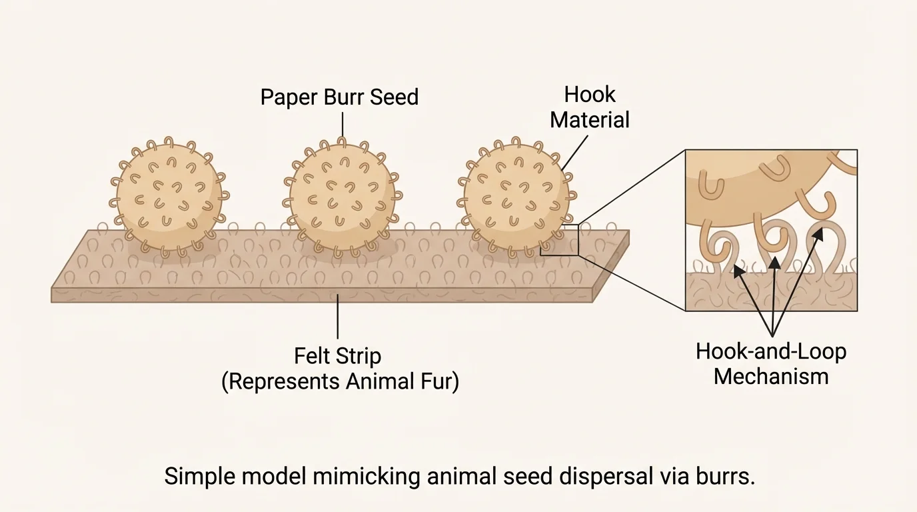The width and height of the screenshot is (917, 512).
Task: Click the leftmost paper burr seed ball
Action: tap(169, 197)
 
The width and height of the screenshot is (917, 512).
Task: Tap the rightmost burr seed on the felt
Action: tap(516, 197)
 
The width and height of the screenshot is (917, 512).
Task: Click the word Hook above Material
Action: tap(589, 95)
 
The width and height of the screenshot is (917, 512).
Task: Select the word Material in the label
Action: tap(589, 121)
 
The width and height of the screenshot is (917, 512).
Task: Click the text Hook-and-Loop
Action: tap(770, 351)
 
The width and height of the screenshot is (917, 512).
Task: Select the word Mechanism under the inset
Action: tap(770, 377)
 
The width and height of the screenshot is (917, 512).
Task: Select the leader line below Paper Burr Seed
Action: tap(342, 124)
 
